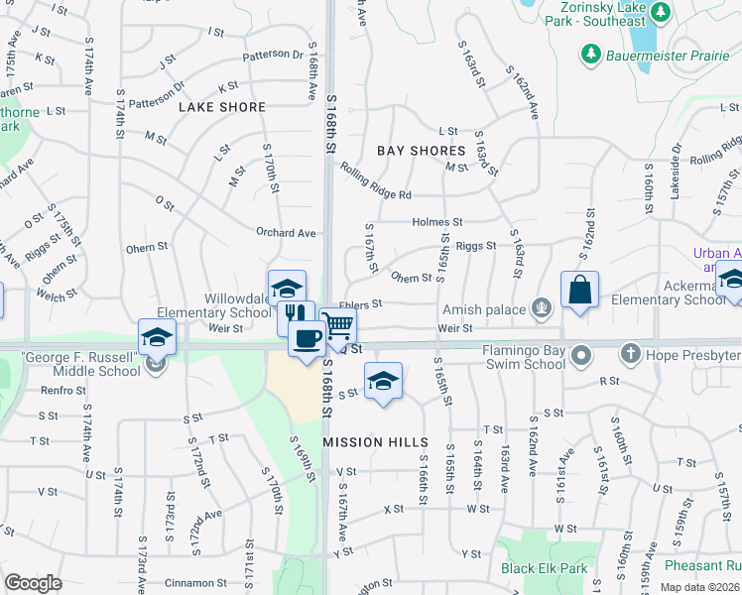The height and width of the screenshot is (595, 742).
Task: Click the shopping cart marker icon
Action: [338, 324]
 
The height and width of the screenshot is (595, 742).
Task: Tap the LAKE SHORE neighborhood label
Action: [222, 107]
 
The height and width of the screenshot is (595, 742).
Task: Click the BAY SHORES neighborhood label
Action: [422, 151]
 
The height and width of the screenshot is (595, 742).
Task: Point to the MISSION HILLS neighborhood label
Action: [376, 442]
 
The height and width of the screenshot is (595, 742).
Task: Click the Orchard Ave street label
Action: [285, 233]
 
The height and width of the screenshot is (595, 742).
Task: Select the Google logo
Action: [33, 583]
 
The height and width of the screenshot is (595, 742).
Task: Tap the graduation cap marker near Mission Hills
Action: [382, 381]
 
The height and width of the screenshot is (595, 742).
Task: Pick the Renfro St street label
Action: [64, 390]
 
